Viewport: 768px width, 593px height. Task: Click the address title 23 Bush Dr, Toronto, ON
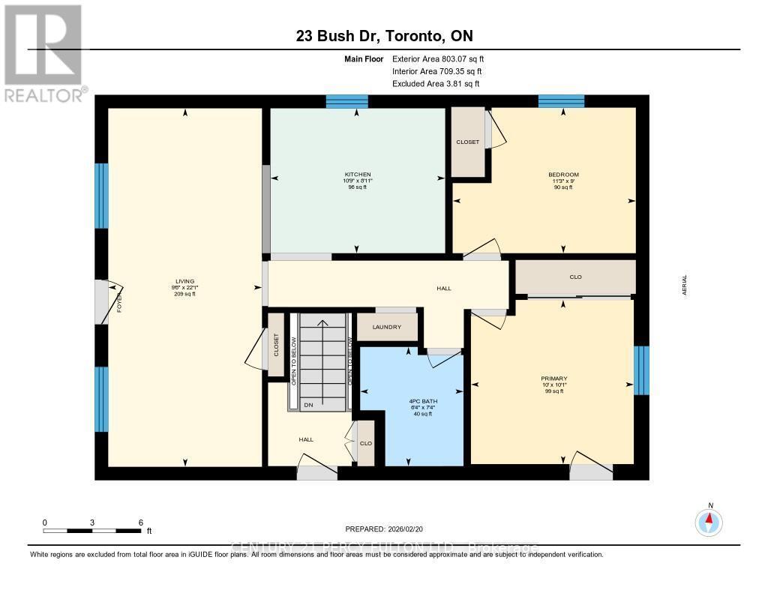click(x=383, y=36)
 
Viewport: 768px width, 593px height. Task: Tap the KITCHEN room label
click(x=356, y=175)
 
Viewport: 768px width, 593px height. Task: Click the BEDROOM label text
click(x=563, y=175)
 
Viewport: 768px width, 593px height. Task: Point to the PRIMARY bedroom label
click(x=554, y=379)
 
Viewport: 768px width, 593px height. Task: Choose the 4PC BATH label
click(x=412, y=401)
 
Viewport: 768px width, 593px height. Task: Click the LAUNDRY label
click(x=387, y=327)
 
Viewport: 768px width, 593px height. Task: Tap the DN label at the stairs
click(x=307, y=405)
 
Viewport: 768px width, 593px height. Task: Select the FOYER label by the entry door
click(x=118, y=303)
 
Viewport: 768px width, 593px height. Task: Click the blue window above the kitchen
click(x=346, y=101)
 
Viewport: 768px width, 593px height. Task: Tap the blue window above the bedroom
click(x=561, y=101)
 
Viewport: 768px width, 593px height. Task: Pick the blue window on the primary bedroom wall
click(x=641, y=370)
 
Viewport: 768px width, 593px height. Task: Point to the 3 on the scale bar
click(x=92, y=522)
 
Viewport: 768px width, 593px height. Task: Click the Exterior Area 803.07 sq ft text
click(x=443, y=58)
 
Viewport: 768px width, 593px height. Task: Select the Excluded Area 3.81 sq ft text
click(x=436, y=84)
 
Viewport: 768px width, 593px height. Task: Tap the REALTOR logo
click(x=43, y=52)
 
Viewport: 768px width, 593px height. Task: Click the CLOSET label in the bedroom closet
click(x=468, y=142)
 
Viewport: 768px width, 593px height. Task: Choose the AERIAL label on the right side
click(x=684, y=285)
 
